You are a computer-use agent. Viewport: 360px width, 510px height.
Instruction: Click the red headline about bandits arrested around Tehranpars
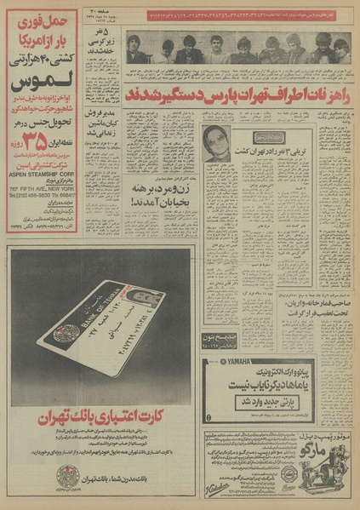(x=237, y=92)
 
